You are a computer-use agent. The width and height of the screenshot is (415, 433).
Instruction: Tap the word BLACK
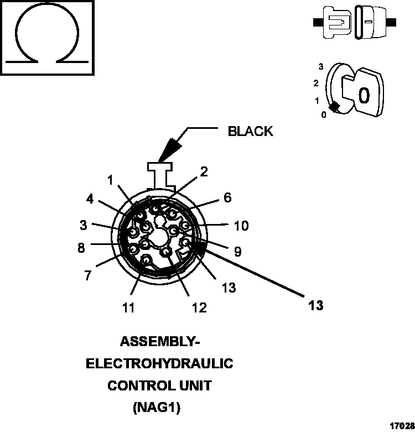click(250, 132)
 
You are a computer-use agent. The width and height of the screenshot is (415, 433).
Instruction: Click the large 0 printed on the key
click(364, 96)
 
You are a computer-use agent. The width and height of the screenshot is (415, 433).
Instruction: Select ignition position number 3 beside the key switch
click(320, 67)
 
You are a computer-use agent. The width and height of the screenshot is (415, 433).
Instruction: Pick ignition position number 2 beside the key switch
click(315, 84)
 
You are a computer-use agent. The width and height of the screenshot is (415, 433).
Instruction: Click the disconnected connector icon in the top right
click(354, 23)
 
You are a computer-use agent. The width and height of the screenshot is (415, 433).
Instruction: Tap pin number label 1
click(111, 180)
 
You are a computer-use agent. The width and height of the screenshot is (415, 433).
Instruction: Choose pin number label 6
click(227, 198)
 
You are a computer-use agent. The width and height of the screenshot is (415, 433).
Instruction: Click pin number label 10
click(241, 226)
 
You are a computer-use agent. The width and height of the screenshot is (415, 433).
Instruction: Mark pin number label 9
click(237, 252)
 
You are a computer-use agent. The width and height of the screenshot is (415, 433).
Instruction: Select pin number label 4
click(89, 198)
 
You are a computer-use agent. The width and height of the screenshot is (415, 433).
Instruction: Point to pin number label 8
click(81, 248)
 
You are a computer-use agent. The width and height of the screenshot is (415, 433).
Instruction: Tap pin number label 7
click(88, 275)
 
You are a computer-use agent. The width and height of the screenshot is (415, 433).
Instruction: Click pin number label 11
click(128, 307)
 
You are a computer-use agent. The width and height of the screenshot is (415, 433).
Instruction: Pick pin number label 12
click(199, 307)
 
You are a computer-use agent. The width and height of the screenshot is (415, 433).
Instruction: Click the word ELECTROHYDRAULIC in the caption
click(159, 364)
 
